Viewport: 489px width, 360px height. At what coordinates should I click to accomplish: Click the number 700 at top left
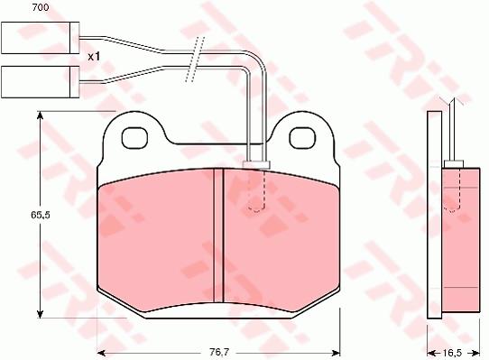[41, 7]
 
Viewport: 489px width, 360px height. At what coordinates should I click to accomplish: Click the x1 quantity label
[94, 57]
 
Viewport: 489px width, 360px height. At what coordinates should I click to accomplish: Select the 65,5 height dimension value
[41, 215]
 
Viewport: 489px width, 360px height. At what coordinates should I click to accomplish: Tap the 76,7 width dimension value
[218, 352]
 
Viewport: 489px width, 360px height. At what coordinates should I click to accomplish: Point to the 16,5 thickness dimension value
[452, 353]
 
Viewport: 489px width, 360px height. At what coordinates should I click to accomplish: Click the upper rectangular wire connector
[41, 38]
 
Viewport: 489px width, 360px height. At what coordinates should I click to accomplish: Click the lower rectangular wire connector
[41, 82]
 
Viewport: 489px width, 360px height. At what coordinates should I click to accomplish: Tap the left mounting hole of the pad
[134, 137]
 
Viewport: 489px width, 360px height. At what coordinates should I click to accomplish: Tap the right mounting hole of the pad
[302, 137]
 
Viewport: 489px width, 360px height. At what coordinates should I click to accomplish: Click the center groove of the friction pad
[218, 235]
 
